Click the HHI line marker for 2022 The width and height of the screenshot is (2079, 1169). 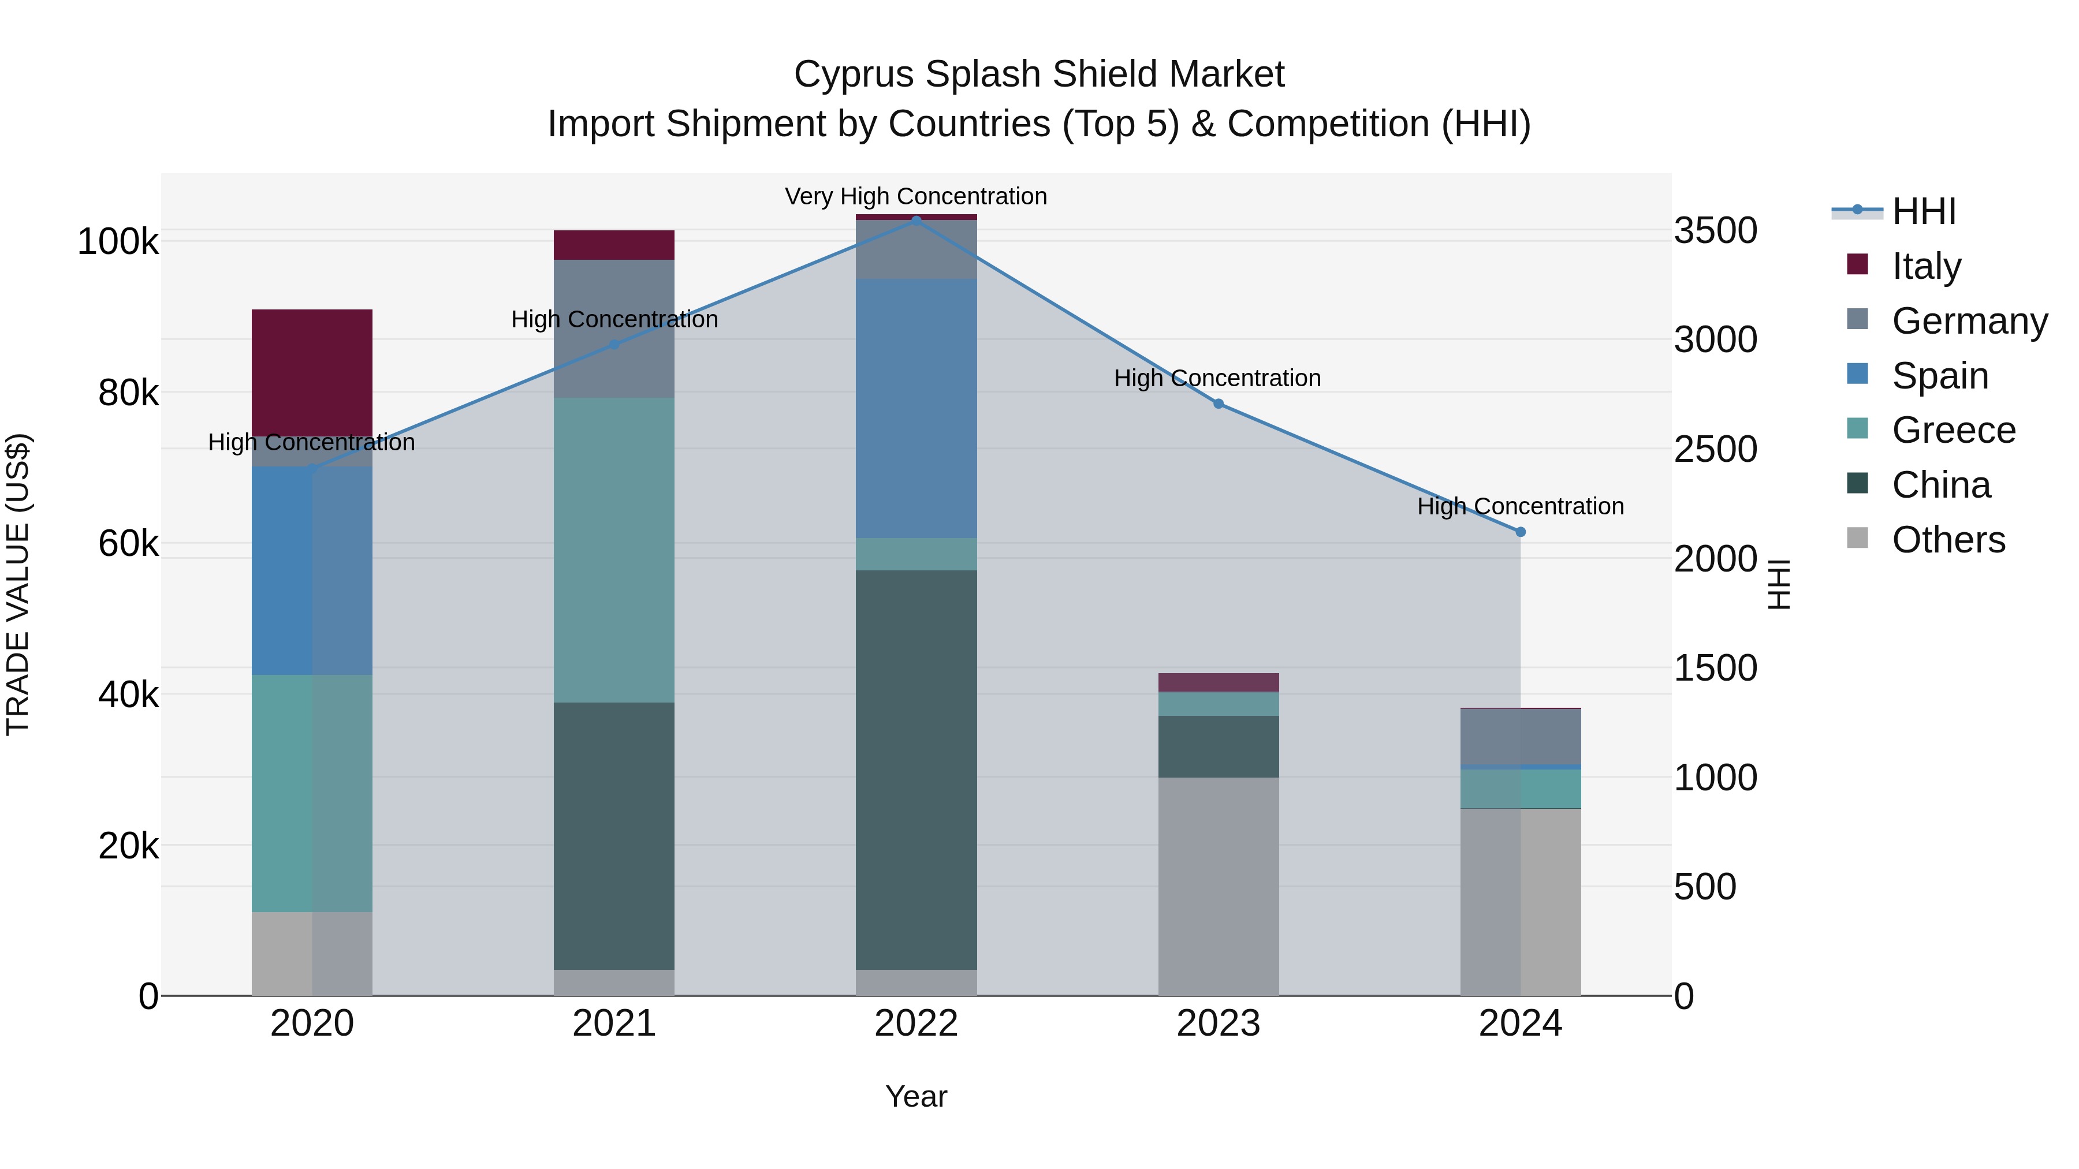[x=916, y=221]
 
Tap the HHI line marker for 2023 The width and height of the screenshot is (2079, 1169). [x=1219, y=404]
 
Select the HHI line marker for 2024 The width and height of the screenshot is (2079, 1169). [x=1521, y=532]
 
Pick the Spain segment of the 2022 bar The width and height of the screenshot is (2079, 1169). [x=916, y=408]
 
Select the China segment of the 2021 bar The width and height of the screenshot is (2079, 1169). [x=614, y=836]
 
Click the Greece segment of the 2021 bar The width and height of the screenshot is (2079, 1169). [x=614, y=550]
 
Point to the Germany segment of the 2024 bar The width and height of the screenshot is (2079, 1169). [x=1521, y=737]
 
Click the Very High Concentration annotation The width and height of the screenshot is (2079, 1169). [x=916, y=196]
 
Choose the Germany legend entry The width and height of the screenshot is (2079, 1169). [x=1969, y=320]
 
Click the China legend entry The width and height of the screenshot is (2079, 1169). [x=1941, y=485]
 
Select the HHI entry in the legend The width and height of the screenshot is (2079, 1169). [x=1924, y=211]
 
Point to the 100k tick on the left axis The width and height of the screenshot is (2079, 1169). [x=118, y=242]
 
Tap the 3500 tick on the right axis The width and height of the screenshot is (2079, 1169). [x=1715, y=231]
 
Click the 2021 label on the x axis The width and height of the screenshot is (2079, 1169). [x=614, y=1024]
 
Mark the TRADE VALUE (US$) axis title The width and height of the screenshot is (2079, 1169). [x=18, y=584]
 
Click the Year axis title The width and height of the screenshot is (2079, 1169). [x=916, y=1096]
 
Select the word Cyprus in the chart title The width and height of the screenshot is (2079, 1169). [x=854, y=74]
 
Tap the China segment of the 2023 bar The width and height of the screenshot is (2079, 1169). [x=1219, y=746]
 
